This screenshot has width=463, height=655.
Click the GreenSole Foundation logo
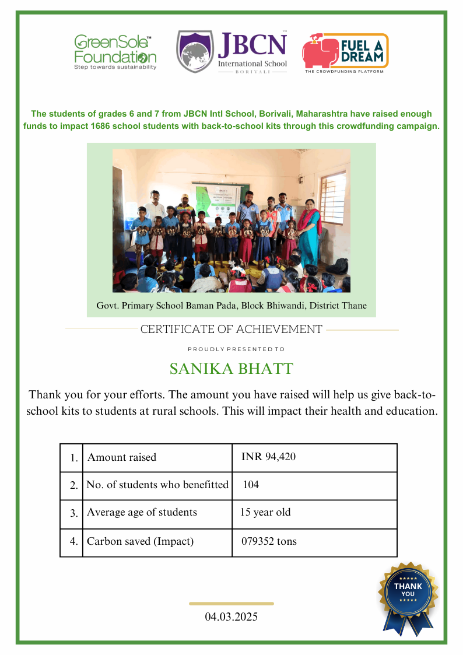115,52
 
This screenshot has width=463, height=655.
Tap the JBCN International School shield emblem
195,52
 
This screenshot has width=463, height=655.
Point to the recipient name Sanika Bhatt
231,369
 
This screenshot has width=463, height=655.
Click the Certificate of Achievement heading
231,330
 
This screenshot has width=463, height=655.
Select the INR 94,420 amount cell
268,457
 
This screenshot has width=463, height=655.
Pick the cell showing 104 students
251,485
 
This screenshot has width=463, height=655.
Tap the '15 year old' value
265,513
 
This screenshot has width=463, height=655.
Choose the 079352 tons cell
269,541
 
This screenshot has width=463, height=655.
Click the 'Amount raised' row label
122,457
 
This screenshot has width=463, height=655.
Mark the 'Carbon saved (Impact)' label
140,541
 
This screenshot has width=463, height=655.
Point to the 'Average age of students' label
142,513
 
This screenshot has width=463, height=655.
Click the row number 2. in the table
73,485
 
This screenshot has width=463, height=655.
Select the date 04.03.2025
231,617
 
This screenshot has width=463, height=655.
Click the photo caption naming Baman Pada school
231,306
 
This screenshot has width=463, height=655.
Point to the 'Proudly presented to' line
231,349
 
